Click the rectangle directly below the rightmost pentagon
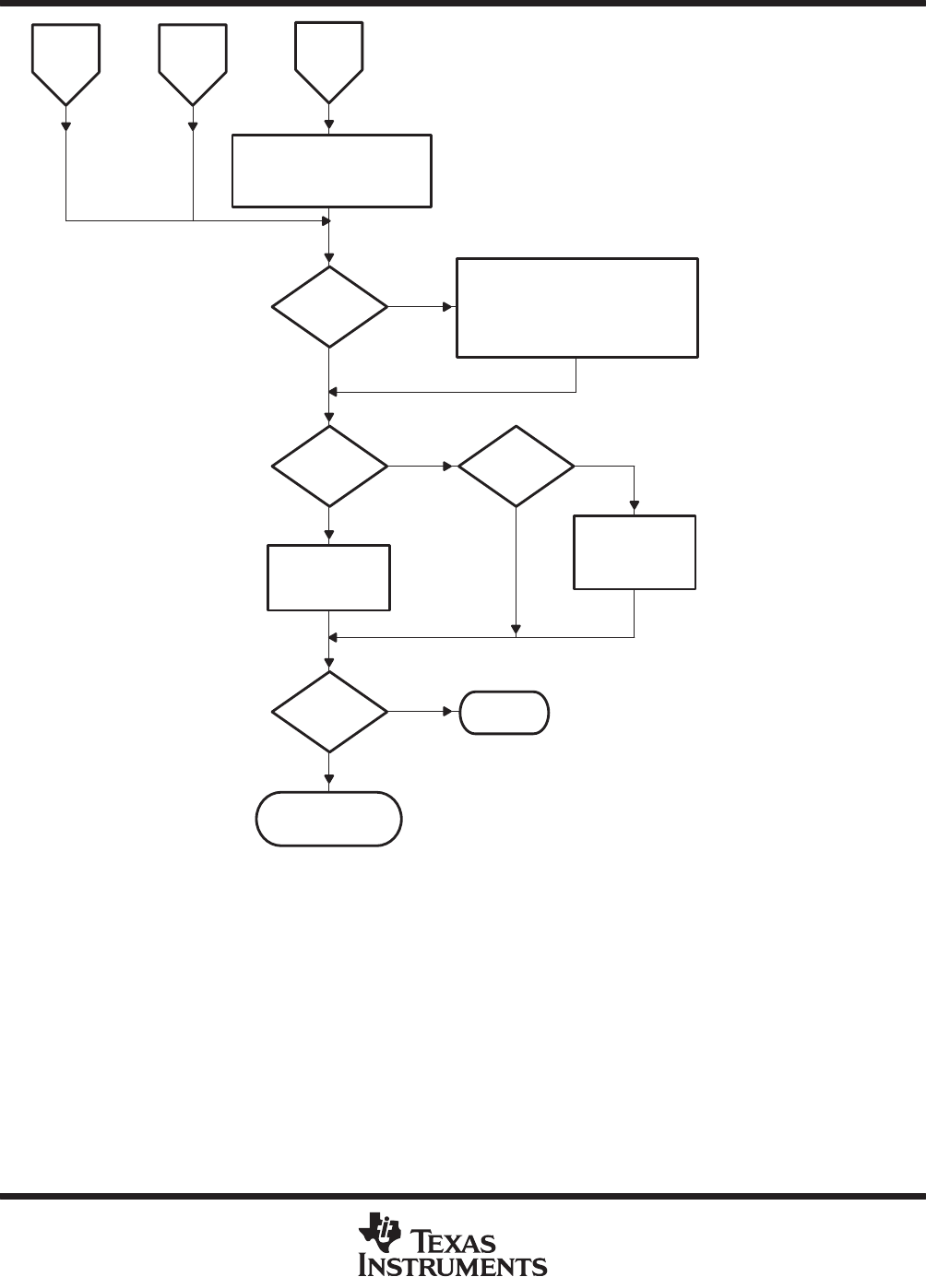[331, 171]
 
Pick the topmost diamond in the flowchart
[329, 307]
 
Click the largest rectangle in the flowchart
[577, 307]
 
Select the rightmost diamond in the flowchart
[516, 467]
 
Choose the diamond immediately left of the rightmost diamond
[329, 467]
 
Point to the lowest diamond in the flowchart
[329, 712]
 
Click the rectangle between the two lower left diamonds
[328, 577]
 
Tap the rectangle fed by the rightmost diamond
[635, 551]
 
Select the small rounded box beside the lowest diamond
[505, 712]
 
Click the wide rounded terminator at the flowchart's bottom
[328, 818]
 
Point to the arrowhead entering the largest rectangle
[451, 307]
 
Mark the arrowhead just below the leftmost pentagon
[65, 126]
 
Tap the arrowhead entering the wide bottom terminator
[329, 786]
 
